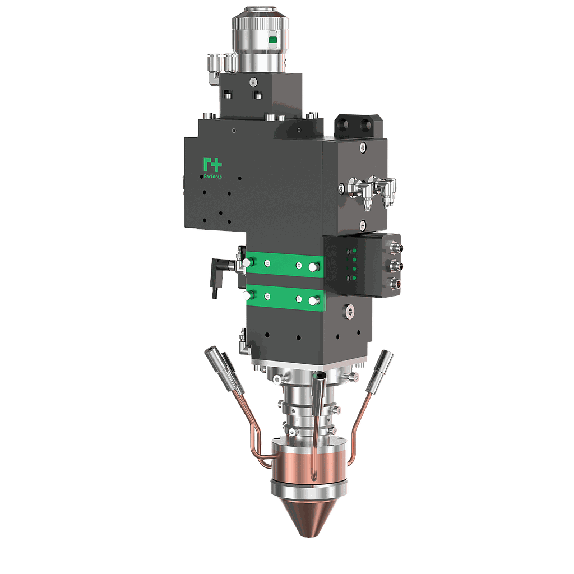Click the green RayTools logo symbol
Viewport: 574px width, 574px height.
point(212,165)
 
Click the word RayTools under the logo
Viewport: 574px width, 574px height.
point(212,176)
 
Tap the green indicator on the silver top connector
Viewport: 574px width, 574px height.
point(273,40)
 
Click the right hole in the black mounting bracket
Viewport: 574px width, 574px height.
point(368,123)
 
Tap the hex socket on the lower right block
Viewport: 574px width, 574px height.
point(350,309)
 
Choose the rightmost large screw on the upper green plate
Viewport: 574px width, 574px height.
point(312,267)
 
